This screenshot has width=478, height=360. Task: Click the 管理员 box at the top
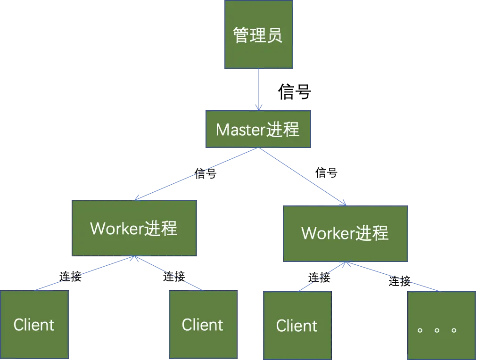point(258,35)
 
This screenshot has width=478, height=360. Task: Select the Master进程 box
point(258,130)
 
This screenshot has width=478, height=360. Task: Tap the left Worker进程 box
point(135,228)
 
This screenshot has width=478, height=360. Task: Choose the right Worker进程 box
point(346,233)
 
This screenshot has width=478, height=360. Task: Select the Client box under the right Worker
point(297,325)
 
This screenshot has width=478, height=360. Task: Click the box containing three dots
point(441,325)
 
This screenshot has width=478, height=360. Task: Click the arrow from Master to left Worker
point(197,174)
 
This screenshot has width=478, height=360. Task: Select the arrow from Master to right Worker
point(302,176)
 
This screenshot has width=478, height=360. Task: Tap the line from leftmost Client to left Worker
point(85,274)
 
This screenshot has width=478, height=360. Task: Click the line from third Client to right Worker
point(322,277)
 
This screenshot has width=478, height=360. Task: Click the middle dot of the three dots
point(437,330)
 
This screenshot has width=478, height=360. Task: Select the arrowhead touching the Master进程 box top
point(258,107)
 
